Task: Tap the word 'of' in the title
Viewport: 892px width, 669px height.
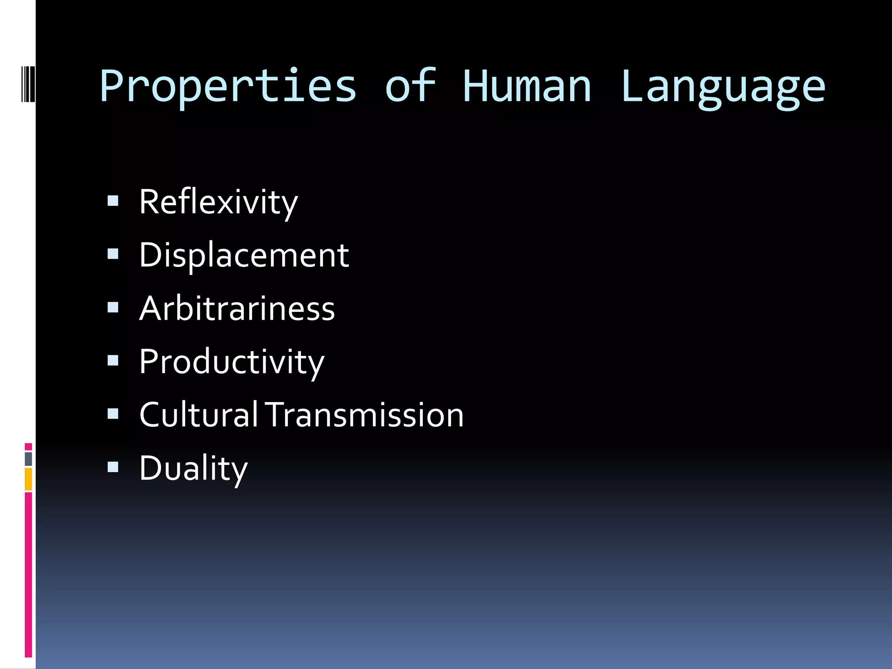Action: pyautogui.click(x=410, y=86)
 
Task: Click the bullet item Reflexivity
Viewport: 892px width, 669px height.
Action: pyautogui.click(x=218, y=203)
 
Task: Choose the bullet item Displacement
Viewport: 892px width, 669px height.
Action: pyautogui.click(x=244, y=255)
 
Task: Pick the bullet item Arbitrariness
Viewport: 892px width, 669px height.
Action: pyautogui.click(x=237, y=308)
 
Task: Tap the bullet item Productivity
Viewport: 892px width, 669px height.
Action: pyautogui.click(x=232, y=362)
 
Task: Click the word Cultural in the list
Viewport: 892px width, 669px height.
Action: pyautogui.click(x=199, y=415)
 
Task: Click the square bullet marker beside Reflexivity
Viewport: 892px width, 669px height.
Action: pyautogui.click(x=113, y=201)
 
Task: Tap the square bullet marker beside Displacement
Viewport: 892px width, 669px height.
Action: pyautogui.click(x=113, y=254)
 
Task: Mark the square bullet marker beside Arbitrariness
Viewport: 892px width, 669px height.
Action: pyautogui.click(x=113, y=307)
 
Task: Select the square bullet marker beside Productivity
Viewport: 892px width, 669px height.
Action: pyautogui.click(x=113, y=361)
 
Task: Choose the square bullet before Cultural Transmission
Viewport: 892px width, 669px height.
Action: pyautogui.click(x=113, y=414)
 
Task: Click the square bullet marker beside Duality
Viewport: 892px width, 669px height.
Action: pyautogui.click(x=113, y=467)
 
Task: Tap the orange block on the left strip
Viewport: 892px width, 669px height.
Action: pyautogui.click(x=28, y=479)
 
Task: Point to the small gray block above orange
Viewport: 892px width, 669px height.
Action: pyautogui.click(x=28, y=459)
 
